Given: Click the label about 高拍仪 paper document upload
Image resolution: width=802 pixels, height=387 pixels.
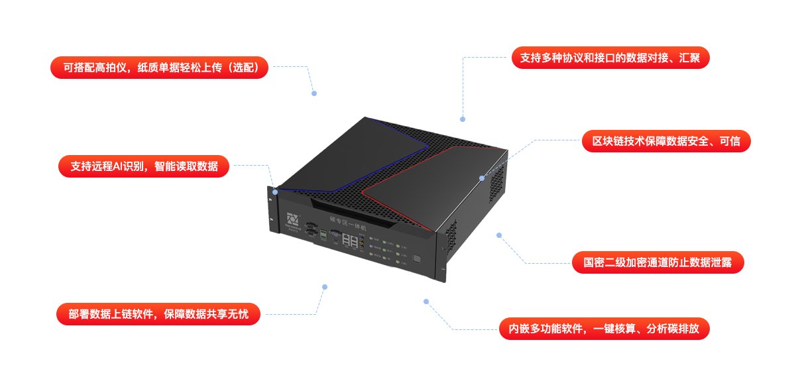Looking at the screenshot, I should [160, 68].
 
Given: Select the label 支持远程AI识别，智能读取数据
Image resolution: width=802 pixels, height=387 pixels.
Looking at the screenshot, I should [144, 166].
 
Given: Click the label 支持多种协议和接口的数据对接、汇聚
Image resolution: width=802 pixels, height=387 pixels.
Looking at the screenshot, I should [610, 58].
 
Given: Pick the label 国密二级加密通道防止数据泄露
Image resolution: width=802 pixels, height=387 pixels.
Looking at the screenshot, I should [658, 262].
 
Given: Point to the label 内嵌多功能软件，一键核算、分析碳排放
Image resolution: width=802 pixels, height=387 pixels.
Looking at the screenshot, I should [604, 329].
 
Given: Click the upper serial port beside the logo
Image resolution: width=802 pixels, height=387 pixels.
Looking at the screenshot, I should [310, 225].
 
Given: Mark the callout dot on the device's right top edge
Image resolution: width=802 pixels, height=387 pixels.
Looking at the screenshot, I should [483, 178].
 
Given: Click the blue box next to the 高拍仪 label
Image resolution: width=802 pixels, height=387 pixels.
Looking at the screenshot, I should [294, 80].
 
